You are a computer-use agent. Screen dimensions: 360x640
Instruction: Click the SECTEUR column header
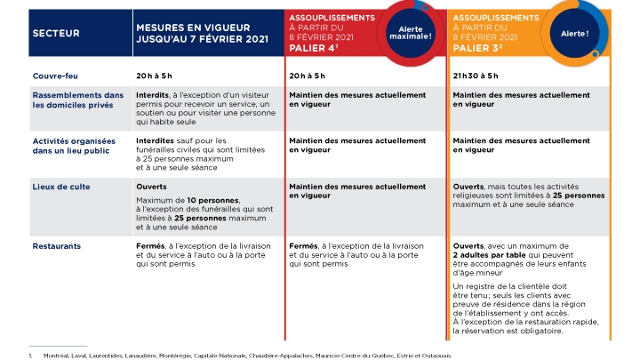point(56,33)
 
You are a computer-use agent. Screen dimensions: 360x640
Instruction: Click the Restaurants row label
point(57,246)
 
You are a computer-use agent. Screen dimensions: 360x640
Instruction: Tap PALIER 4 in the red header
point(314,48)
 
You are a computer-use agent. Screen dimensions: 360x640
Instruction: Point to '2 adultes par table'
point(491,255)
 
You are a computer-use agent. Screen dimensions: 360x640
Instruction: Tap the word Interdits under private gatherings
point(154,94)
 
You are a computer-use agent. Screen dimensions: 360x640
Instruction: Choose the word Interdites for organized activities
point(156,140)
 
